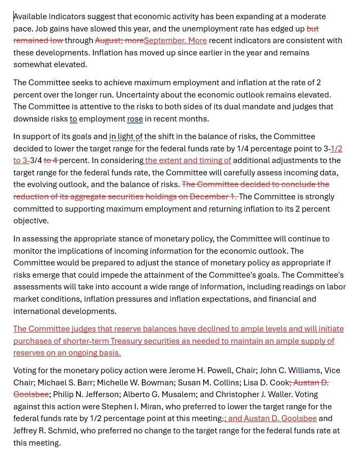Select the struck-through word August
(109, 41)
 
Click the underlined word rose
(135, 119)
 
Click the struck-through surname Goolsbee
(31, 394)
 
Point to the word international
(37, 311)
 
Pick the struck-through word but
(313, 29)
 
